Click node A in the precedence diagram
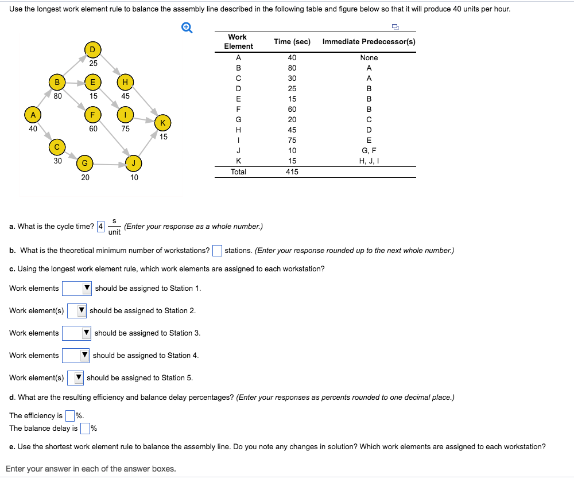(33, 114)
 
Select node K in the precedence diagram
(163, 122)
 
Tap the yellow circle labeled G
(84, 163)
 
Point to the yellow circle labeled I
(125, 114)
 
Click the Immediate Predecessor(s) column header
(369, 41)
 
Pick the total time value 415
(292, 172)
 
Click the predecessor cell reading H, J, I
(369, 161)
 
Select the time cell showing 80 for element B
(292, 68)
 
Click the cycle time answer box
(101, 226)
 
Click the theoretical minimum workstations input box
(217, 251)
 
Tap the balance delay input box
(85, 428)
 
